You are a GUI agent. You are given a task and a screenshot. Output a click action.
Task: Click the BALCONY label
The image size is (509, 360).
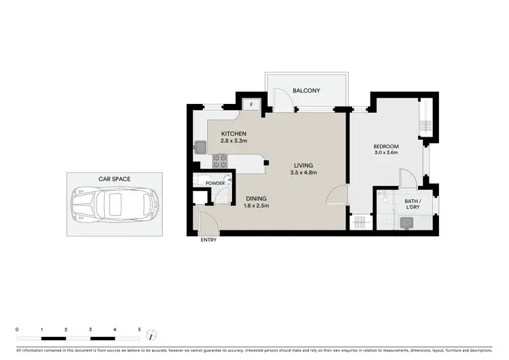(x=306, y=90)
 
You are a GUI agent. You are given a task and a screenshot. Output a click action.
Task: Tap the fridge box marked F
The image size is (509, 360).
(x=252, y=105)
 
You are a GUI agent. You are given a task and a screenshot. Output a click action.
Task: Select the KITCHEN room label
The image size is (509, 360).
(x=233, y=133)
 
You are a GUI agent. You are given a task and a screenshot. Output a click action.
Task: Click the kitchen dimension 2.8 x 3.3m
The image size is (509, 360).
(x=233, y=141)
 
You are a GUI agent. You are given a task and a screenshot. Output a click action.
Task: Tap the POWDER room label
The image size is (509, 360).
(x=215, y=183)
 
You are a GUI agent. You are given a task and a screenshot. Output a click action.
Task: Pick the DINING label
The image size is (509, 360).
(x=256, y=198)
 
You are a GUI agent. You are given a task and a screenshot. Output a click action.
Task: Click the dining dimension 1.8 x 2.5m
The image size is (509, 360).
(x=256, y=206)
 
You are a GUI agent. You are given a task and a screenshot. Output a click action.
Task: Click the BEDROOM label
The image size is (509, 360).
(x=385, y=146)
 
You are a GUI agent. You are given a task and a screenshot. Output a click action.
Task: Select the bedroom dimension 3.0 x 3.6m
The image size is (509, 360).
(x=385, y=154)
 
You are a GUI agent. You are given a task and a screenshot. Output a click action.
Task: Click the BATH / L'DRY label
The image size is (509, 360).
(x=413, y=204)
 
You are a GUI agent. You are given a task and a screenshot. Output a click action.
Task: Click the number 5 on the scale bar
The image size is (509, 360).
(x=139, y=329)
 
